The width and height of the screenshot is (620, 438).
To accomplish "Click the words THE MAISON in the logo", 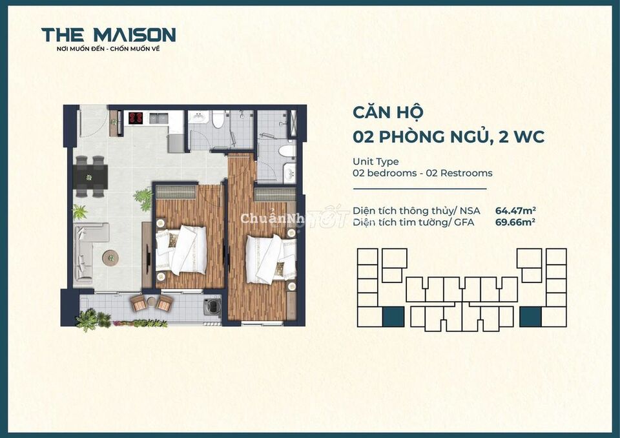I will point(108,34).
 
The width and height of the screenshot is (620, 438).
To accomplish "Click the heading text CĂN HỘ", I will point(387,112).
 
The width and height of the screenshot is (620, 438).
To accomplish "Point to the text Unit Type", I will point(375,162).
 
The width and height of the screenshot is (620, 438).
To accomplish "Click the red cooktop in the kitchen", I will point(136,118).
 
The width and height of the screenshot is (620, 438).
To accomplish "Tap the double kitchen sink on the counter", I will point(158,118).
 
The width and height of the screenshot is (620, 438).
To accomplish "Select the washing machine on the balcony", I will point(211,306).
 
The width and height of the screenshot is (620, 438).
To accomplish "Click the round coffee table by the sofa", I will point(110,256).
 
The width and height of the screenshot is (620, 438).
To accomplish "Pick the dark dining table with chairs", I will point(90,176).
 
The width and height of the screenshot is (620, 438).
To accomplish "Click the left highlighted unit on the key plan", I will point(393,317).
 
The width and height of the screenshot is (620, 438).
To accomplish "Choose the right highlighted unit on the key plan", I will point(530,317).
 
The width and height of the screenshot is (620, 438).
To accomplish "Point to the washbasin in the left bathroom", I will point(200,117).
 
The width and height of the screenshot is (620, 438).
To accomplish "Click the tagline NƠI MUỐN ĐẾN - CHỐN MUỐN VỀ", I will point(108,49).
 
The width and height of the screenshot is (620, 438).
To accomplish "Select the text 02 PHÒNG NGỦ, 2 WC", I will point(448,137).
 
